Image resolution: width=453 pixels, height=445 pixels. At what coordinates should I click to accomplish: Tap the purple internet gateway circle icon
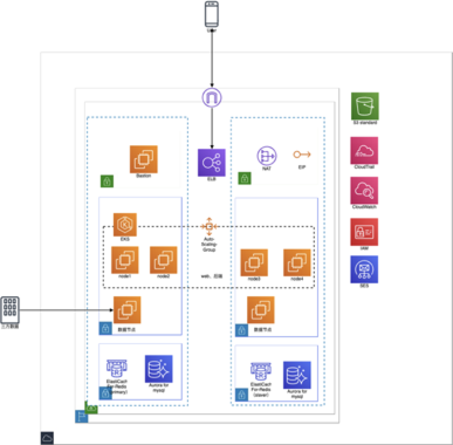(x=212, y=97)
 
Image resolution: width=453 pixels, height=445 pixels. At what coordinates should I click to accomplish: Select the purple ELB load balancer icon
(x=212, y=162)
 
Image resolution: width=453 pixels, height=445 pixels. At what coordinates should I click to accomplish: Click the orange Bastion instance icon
(x=144, y=159)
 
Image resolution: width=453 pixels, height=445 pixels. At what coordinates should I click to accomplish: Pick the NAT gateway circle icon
(x=267, y=156)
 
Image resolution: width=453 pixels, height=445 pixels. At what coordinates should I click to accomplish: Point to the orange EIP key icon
(x=302, y=155)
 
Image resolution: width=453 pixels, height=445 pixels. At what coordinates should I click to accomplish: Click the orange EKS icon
(x=125, y=225)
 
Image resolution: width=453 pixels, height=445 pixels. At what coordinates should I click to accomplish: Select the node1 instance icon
(x=125, y=260)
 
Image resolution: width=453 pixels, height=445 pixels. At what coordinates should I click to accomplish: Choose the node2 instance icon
(x=164, y=260)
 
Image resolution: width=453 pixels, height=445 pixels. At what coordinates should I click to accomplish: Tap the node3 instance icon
(x=254, y=262)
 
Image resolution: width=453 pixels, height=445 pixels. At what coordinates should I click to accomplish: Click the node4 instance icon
(x=297, y=262)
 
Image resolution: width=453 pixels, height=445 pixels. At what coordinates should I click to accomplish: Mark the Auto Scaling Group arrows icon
(x=209, y=226)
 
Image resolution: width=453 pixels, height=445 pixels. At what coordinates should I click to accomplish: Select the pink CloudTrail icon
(x=364, y=150)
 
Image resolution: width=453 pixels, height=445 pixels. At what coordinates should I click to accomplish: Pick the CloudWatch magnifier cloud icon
(x=364, y=190)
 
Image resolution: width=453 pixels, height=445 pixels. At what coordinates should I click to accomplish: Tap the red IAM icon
(x=364, y=232)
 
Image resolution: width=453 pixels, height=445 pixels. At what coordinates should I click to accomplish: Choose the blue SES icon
(x=364, y=270)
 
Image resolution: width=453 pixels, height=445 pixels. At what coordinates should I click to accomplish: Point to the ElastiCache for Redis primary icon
(x=116, y=369)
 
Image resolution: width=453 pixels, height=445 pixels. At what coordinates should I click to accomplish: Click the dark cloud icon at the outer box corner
(x=47, y=438)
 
